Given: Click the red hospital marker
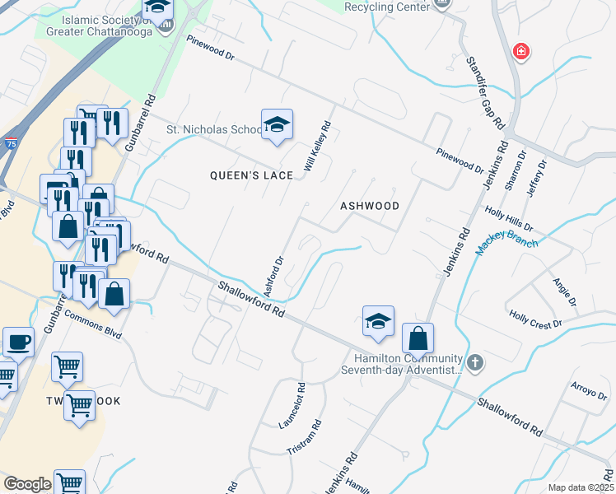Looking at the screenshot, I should point(520,52).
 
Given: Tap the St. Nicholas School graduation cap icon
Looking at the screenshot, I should point(278,125).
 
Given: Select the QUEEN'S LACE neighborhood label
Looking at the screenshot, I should point(245,175).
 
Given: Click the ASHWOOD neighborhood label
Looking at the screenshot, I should point(370,206).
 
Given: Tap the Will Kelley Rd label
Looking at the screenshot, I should point(317,147).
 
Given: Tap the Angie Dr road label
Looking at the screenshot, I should point(562,289).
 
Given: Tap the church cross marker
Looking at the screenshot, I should point(474,361).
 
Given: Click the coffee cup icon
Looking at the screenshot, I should point(18,342).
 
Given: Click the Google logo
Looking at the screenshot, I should point(27,484).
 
